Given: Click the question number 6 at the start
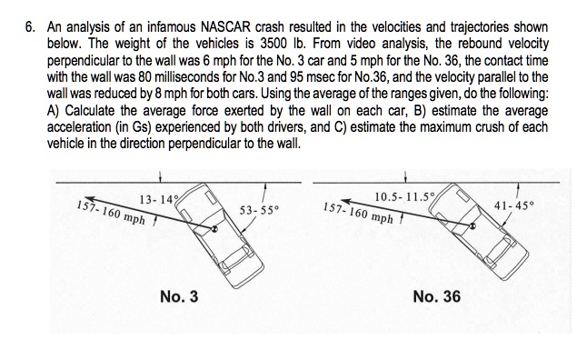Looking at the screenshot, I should point(29,17).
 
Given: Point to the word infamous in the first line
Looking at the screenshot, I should point(158,17).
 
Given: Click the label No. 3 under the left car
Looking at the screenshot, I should point(179,296).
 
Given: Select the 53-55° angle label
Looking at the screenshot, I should point(259,210).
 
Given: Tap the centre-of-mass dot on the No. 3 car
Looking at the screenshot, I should point(214,229).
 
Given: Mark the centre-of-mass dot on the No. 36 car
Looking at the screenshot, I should point(473,226).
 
